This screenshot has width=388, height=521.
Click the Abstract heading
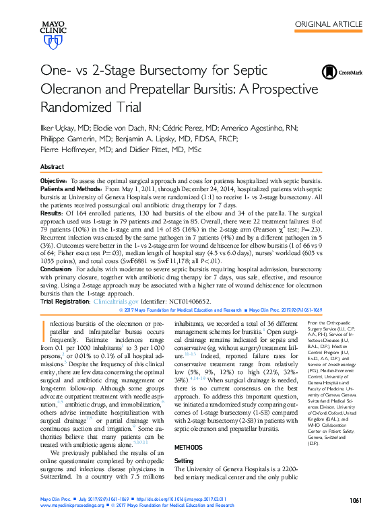pyautogui.click(x=53, y=166)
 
